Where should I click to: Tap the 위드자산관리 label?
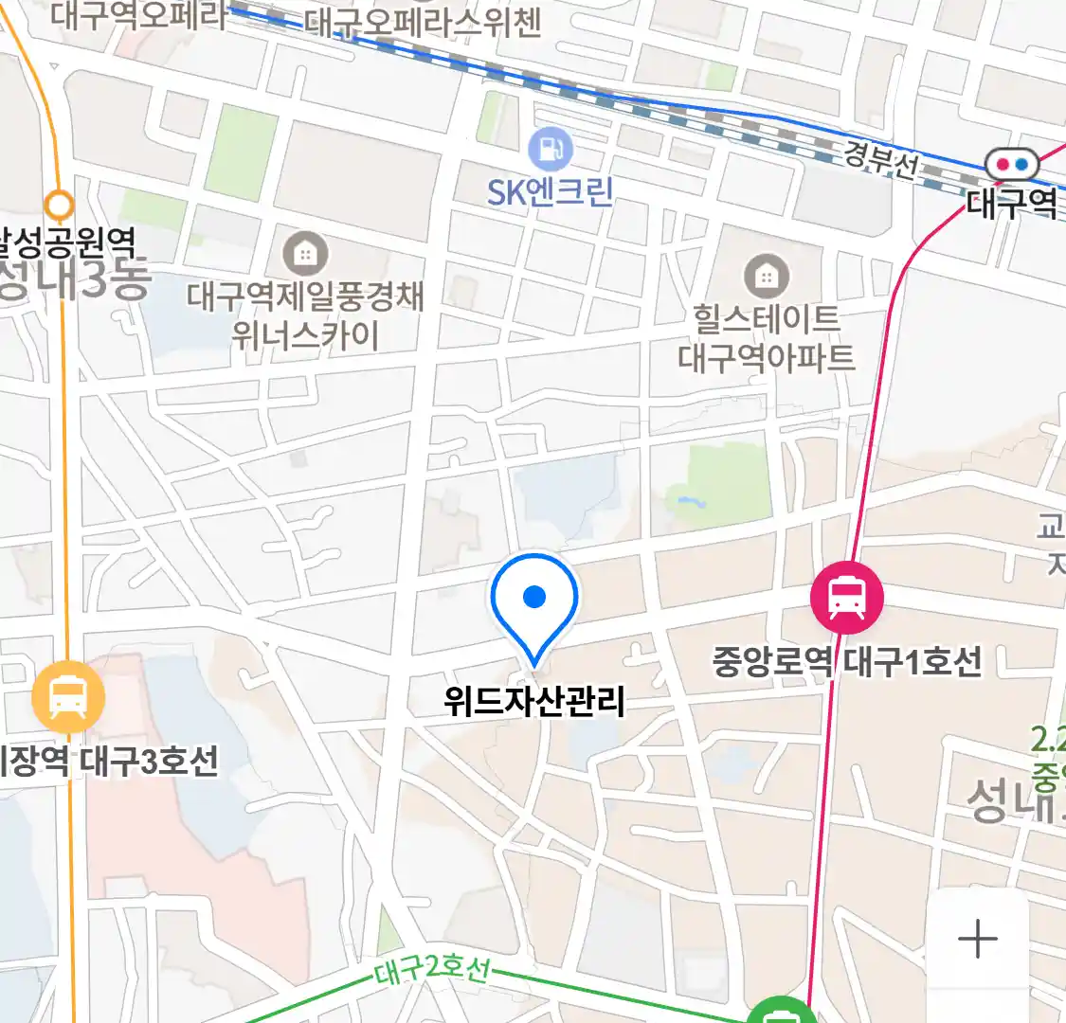pyautogui.click(x=534, y=701)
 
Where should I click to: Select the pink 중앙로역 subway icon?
pyautogui.click(x=846, y=597)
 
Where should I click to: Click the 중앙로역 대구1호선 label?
pyautogui.click(x=847, y=660)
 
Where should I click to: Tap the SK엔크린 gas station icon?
pyautogui.click(x=550, y=149)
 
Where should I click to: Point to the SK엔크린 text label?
pyautogui.click(x=550, y=192)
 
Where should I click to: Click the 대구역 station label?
pyautogui.click(x=1011, y=203)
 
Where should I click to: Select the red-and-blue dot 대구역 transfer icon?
pyautogui.click(x=1011, y=165)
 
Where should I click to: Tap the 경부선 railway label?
pyautogui.click(x=880, y=158)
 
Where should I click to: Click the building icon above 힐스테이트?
pyautogui.click(x=766, y=277)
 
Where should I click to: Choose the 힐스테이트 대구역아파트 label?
pyautogui.click(x=766, y=337)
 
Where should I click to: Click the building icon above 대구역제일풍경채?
pyautogui.click(x=305, y=254)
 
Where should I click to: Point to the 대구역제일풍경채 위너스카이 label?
pyautogui.click(x=305, y=316)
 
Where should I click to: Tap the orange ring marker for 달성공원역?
pyautogui.click(x=60, y=204)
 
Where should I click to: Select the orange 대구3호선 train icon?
pyautogui.click(x=67, y=699)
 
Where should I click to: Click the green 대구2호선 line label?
pyautogui.click(x=432, y=970)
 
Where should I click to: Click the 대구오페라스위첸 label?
pyautogui.click(x=423, y=23)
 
